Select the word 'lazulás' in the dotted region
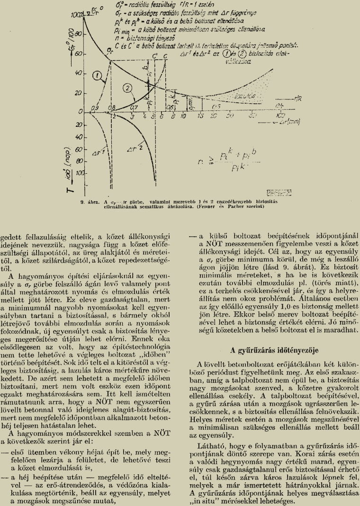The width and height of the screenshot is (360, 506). pos(250,97)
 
